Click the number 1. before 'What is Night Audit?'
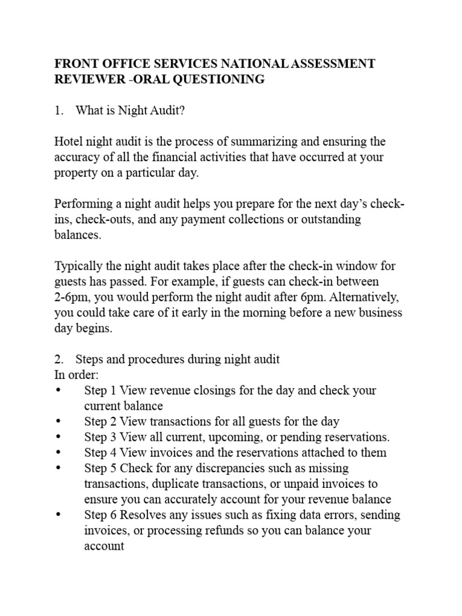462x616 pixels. (59, 111)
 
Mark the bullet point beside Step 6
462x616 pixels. (58, 516)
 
